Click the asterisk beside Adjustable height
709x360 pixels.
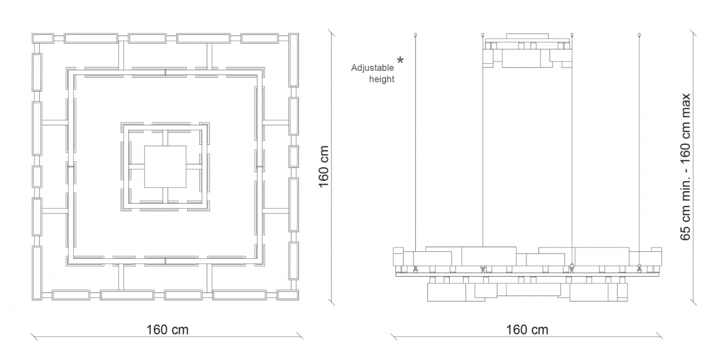tap(401, 60)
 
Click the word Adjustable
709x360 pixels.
tap(372, 68)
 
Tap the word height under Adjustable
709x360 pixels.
tap(382, 79)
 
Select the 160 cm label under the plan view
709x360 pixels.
tap(167, 330)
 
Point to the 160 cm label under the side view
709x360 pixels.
tap(527, 330)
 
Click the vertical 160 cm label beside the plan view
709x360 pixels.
tap(324, 167)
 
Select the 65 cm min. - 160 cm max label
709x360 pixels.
tap(685, 167)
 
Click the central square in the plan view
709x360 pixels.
tap(165, 167)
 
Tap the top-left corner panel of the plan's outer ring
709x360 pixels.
tap(43, 38)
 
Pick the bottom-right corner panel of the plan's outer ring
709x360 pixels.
tap(288, 295)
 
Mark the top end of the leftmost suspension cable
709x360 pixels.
tap(415, 34)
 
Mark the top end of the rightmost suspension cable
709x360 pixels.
tap(640, 34)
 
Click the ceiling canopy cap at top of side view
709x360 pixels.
tap(527, 36)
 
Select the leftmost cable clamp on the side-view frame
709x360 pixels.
tap(415, 269)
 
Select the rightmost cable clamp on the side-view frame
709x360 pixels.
tap(640, 268)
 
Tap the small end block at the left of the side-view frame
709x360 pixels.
tap(398, 257)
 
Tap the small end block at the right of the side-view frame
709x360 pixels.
tap(656, 257)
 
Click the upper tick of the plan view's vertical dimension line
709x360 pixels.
tap(331, 33)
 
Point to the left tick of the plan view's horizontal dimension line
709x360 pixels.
tap(34, 336)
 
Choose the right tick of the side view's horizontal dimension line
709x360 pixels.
tap(659, 336)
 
